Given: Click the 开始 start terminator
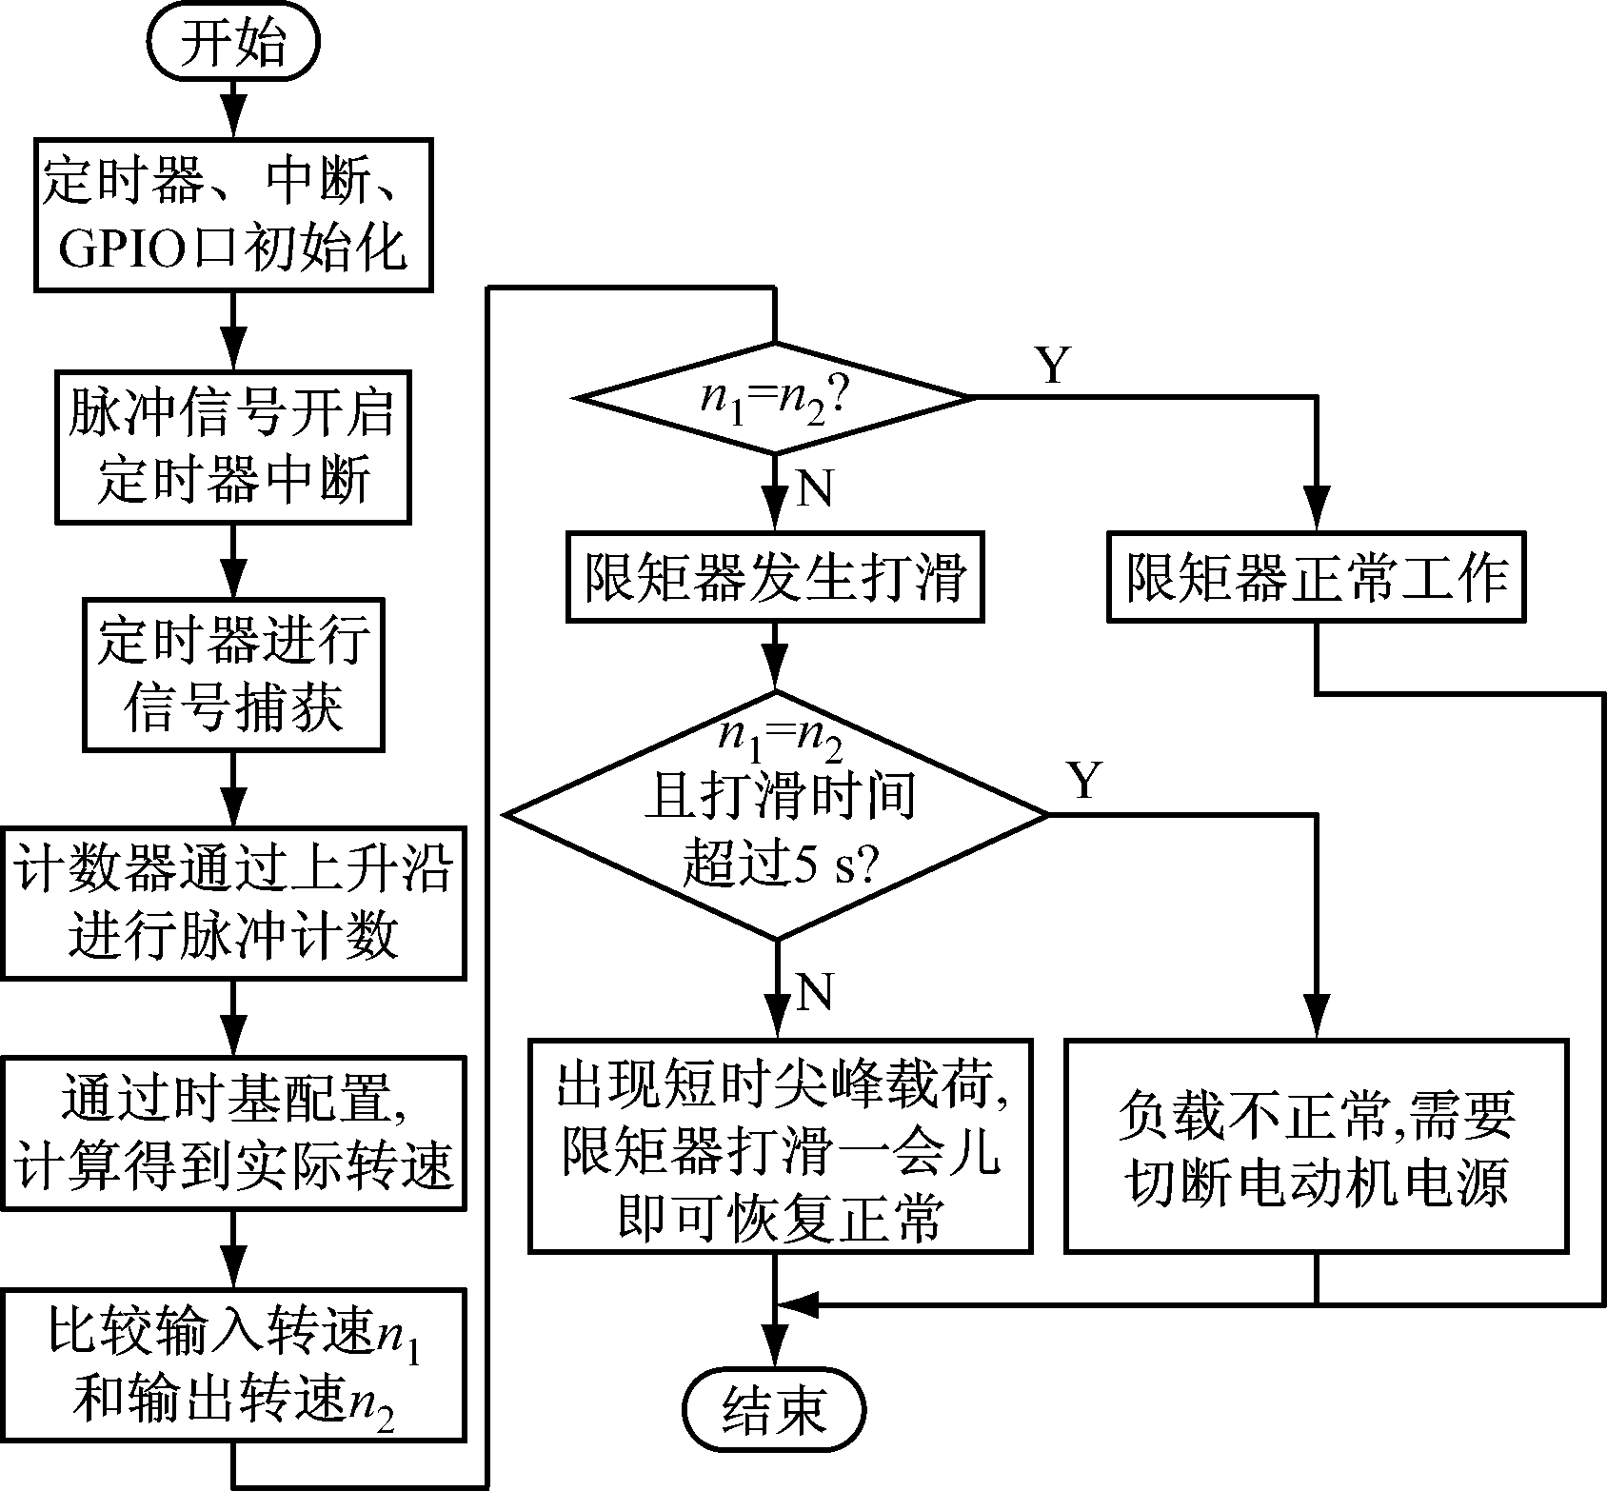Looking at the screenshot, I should tap(233, 44).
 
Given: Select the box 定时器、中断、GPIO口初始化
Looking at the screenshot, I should tap(233, 214).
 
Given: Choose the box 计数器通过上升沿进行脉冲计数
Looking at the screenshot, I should tap(233, 904).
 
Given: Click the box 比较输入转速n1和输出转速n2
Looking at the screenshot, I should tap(233, 1363).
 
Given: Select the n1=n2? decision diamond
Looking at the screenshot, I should tap(775, 397).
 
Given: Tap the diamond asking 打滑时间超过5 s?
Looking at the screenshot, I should tap(776, 815).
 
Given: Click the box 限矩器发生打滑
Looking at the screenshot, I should tap(775, 578).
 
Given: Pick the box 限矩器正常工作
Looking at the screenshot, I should tap(1317, 578).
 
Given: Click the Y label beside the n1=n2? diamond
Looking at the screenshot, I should tap(1053, 366).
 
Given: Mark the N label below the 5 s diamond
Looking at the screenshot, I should tap(815, 992).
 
